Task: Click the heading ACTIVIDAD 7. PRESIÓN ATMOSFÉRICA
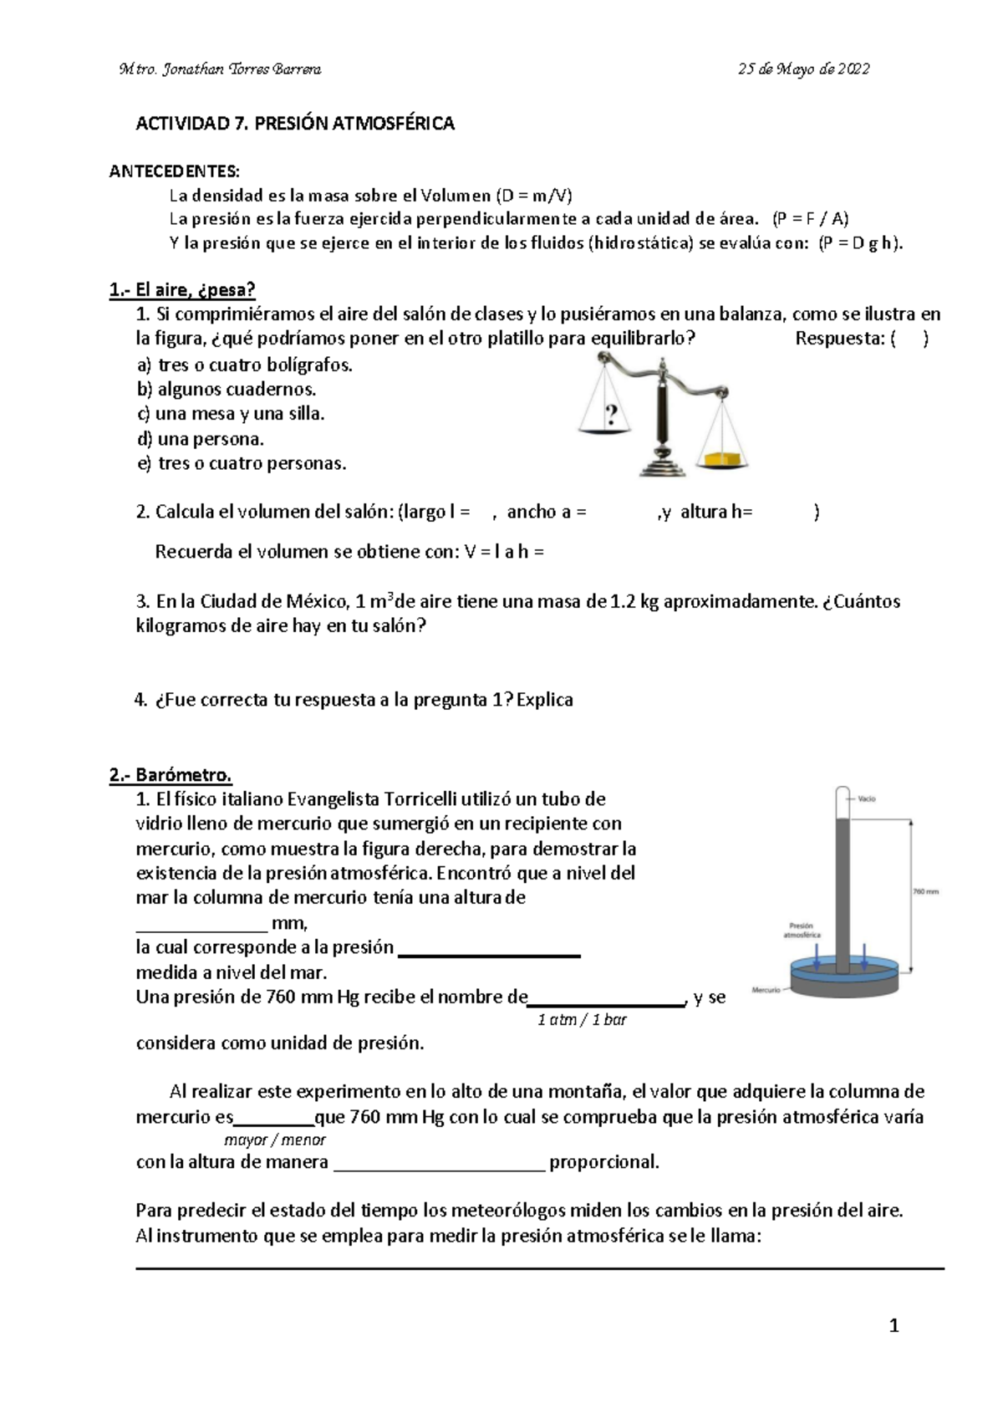click(x=295, y=124)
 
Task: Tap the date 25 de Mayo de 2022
click(x=803, y=69)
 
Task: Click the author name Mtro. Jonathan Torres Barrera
click(x=221, y=69)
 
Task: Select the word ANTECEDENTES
click(x=174, y=172)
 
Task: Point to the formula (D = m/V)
click(x=534, y=196)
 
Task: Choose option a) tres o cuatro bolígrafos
click(x=244, y=365)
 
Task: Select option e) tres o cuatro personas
click(x=241, y=463)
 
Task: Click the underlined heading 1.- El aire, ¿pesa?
click(x=182, y=290)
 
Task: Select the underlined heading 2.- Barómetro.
click(x=171, y=774)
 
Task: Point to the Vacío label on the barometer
click(x=867, y=798)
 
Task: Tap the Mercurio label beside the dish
click(x=766, y=990)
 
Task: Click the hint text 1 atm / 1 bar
click(x=582, y=1020)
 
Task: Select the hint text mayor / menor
click(x=276, y=1140)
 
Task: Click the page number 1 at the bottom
click(x=894, y=1326)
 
